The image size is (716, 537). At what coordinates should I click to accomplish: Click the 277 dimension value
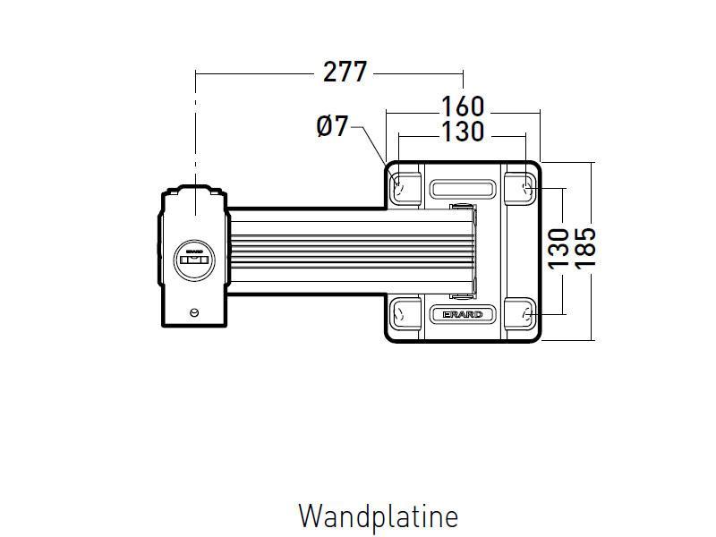345,72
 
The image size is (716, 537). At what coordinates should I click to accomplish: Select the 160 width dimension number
463,107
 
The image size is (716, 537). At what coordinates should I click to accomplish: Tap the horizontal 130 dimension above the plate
463,132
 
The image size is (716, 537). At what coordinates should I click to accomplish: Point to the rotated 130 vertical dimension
558,249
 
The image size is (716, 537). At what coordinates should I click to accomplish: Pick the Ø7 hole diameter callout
332,127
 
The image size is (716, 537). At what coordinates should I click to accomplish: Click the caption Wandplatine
378,516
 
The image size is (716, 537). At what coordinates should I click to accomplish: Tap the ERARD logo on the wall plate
462,315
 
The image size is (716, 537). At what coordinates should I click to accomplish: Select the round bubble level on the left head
194,260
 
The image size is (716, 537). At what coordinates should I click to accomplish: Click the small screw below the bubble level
194,311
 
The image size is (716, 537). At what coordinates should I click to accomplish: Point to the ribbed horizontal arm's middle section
349,251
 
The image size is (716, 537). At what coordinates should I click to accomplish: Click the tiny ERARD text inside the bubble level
194,252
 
